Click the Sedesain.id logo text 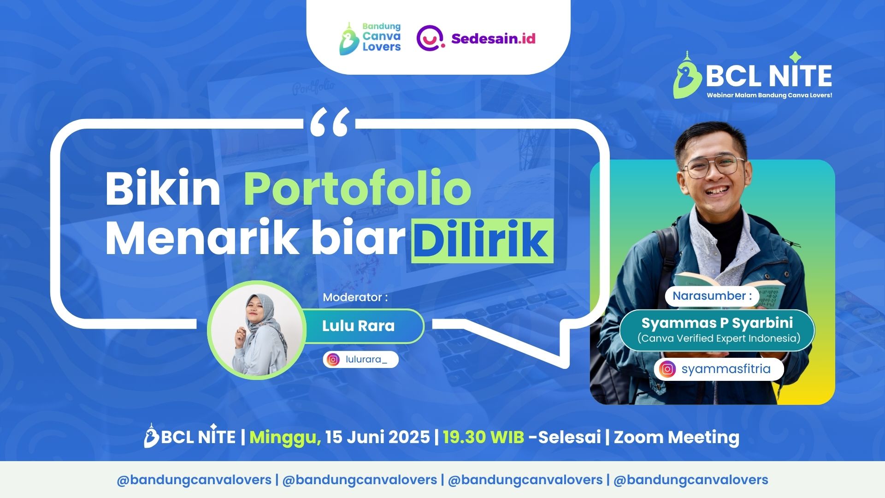click(x=493, y=39)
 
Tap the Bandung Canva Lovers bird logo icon click(x=349, y=39)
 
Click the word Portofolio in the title click(x=357, y=189)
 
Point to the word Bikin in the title click(x=163, y=189)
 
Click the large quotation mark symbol click(x=330, y=122)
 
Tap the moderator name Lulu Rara click(x=358, y=326)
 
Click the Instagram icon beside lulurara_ click(x=333, y=359)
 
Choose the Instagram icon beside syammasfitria click(x=667, y=369)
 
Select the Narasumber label click(x=712, y=296)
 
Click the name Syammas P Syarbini click(x=717, y=323)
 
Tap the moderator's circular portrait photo click(x=256, y=330)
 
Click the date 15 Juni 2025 click(x=378, y=437)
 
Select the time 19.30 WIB click(x=484, y=437)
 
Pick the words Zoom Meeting click(x=677, y=437)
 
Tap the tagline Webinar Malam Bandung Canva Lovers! click(x=769, y=95)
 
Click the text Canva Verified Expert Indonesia click(x=719, y=338)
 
